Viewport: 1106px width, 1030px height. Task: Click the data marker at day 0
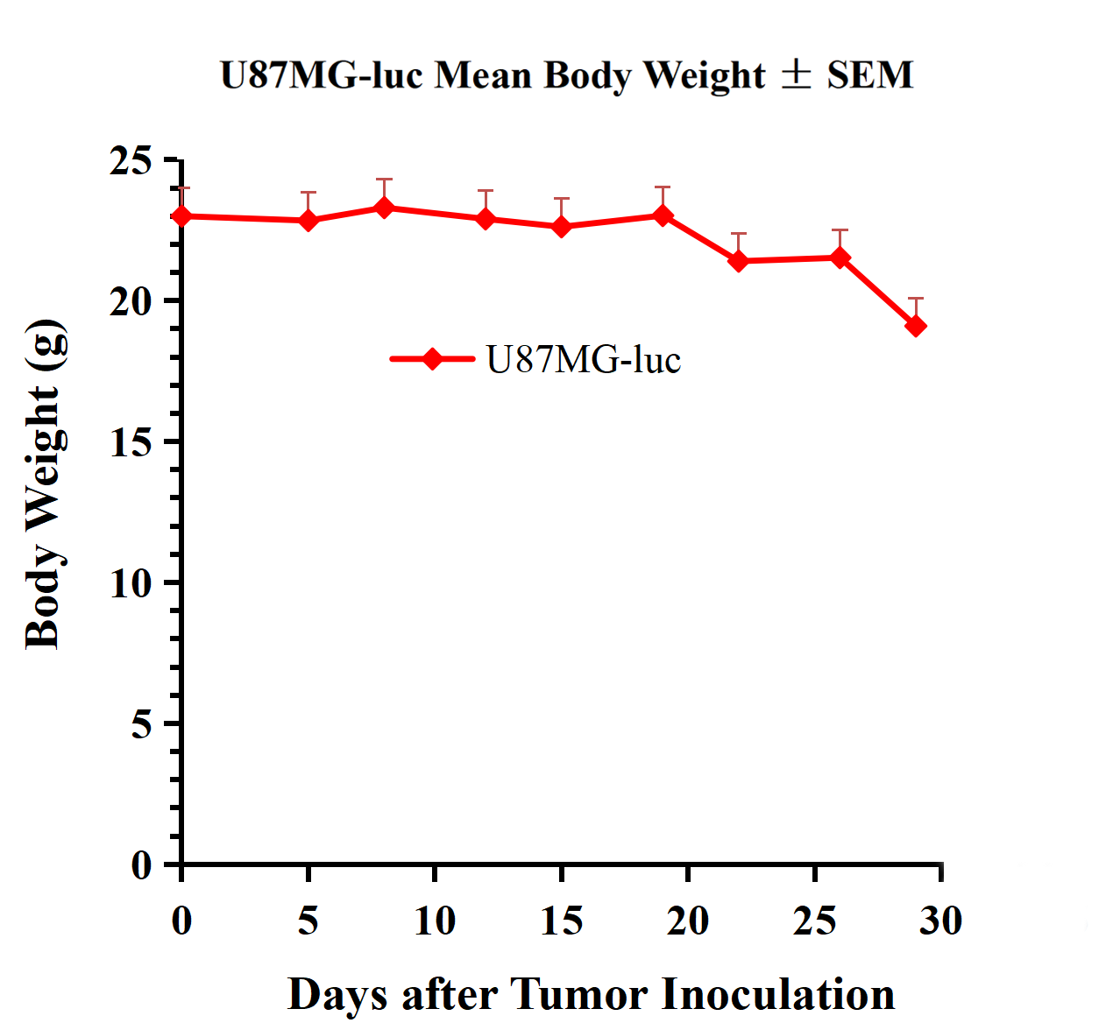coord(182,215)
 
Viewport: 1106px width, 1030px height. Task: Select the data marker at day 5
coord(308,220)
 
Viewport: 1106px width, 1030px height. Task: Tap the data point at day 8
coord(384,208)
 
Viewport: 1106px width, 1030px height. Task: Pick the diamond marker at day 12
coord(486,218)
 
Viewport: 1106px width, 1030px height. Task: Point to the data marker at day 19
coord(663,215)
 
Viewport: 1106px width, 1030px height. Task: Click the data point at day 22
coord(739,261)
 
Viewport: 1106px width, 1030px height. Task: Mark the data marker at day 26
coord(840,257)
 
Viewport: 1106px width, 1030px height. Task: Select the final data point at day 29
coord(916,326)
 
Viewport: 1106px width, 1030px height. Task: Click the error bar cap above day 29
coord(916,299)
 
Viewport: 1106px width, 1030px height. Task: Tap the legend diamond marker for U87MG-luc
coord(432,359)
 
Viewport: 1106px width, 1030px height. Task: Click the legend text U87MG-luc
coord(584,360)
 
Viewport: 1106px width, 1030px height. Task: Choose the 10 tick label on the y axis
coord(131,583)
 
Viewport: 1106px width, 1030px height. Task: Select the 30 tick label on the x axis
coord(940,921)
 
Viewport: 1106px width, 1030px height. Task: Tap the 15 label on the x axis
coord(561,921)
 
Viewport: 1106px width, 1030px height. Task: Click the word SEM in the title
coord(870,75)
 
